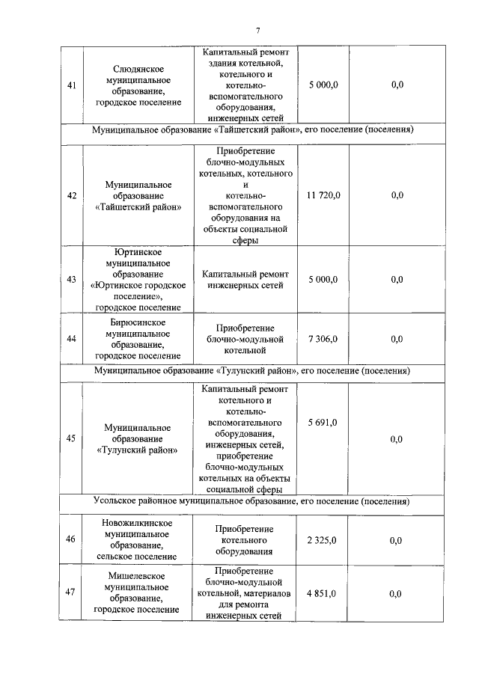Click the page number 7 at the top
click(257, 30)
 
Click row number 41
click(71, 85)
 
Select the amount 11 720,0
click(323, 195)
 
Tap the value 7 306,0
click(323, 338)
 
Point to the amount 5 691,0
click(323, 423)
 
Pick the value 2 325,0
click(323, 540)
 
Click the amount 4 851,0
click(323, 593)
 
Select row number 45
click(71, 438)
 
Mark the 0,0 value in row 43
click(397, 279)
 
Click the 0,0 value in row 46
click(397, 540)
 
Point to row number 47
click(71, 593)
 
